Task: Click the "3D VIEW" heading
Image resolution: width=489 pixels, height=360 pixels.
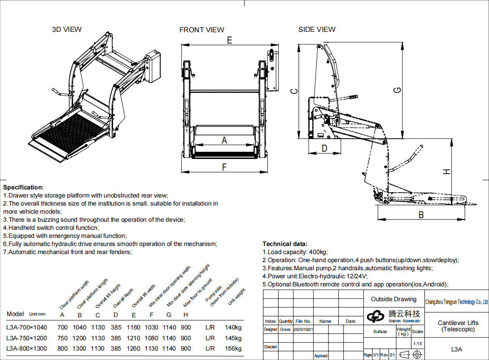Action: coord(67,30)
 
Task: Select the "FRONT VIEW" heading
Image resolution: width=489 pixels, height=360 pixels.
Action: coord(201,30)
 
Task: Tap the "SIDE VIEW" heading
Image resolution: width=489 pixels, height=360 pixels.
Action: coord(317,30)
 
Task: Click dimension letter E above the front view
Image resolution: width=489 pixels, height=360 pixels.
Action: coord(229,40)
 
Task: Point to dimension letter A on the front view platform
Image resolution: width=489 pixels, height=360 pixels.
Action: coord(224,140)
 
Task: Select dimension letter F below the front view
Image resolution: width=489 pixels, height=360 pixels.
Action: coord(224,167)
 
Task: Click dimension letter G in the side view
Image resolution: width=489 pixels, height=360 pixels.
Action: coord(397,90)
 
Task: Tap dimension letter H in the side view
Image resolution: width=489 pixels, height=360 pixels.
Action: coord(446,171)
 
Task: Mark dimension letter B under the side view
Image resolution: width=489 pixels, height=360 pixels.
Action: coord(421,215)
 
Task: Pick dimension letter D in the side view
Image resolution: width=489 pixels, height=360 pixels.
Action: coord(324,148)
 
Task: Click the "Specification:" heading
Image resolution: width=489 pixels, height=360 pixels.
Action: coord(23,187)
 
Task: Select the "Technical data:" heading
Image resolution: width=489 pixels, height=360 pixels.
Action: coord(285,244)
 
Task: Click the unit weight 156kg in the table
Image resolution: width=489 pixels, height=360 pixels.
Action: coord(233,349)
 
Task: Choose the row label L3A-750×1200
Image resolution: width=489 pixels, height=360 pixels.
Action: coord(27,338)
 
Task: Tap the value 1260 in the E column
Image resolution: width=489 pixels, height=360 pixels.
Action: coord(134,349)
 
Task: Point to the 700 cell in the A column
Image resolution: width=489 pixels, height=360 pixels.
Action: coord(62,328)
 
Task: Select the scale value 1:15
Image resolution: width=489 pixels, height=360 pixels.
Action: coord(417,344)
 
